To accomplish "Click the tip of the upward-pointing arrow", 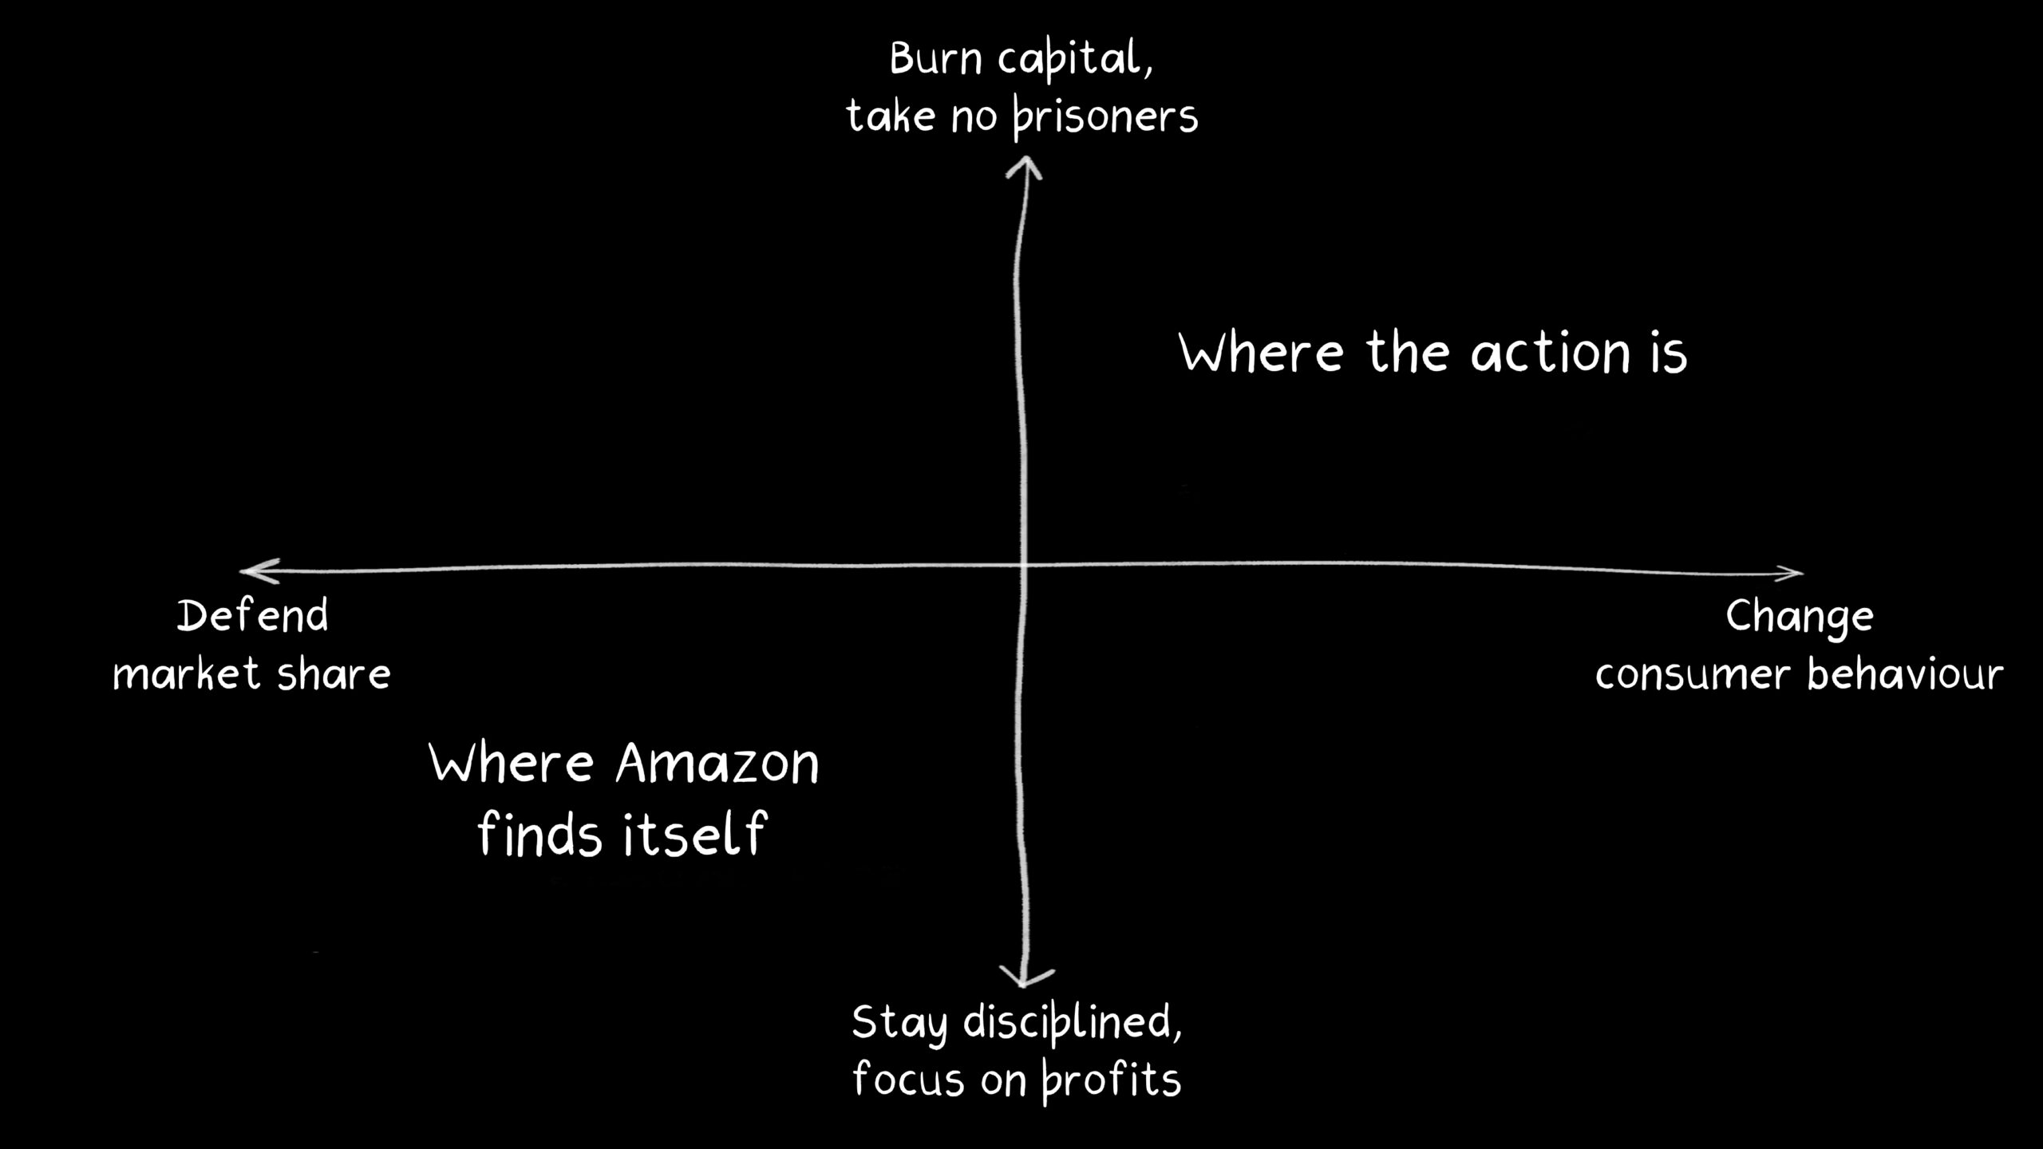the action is click(1025, 157).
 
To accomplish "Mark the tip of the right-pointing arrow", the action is click(1803, 572).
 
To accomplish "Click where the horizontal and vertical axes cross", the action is click(1022, 566).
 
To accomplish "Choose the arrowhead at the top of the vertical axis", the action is click(1024, 168).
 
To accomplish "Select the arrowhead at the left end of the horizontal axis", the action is click(260, 571).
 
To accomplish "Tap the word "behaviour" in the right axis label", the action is click(1905, 674).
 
